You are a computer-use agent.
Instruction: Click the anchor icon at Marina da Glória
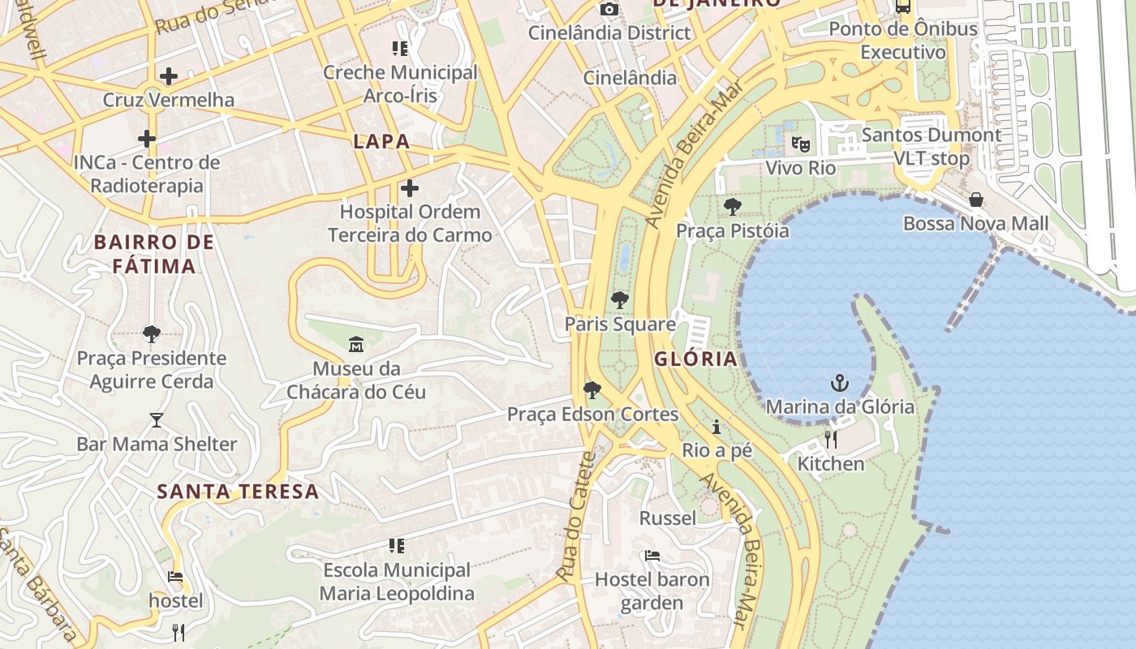839,383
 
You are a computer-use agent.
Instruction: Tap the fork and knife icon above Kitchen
830,440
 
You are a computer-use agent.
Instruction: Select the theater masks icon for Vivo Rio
801,144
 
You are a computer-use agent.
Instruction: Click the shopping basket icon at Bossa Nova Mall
975,200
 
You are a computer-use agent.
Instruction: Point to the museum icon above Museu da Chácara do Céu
355,345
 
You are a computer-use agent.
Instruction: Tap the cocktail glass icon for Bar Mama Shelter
157,420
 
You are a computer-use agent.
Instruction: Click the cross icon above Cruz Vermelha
168,76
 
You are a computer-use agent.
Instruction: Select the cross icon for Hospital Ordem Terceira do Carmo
410,188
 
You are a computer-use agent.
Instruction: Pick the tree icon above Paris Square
620,300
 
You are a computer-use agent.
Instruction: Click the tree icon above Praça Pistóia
732,207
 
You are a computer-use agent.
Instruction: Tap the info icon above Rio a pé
716,427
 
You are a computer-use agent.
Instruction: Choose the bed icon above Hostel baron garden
652,556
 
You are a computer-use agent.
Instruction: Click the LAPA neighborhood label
381,141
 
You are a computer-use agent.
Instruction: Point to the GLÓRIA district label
696,359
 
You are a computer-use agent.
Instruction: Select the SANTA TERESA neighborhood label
238,491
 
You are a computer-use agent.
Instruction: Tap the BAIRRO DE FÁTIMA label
154,253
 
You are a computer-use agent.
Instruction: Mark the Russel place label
668,518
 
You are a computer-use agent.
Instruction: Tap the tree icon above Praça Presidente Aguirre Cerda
151,333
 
